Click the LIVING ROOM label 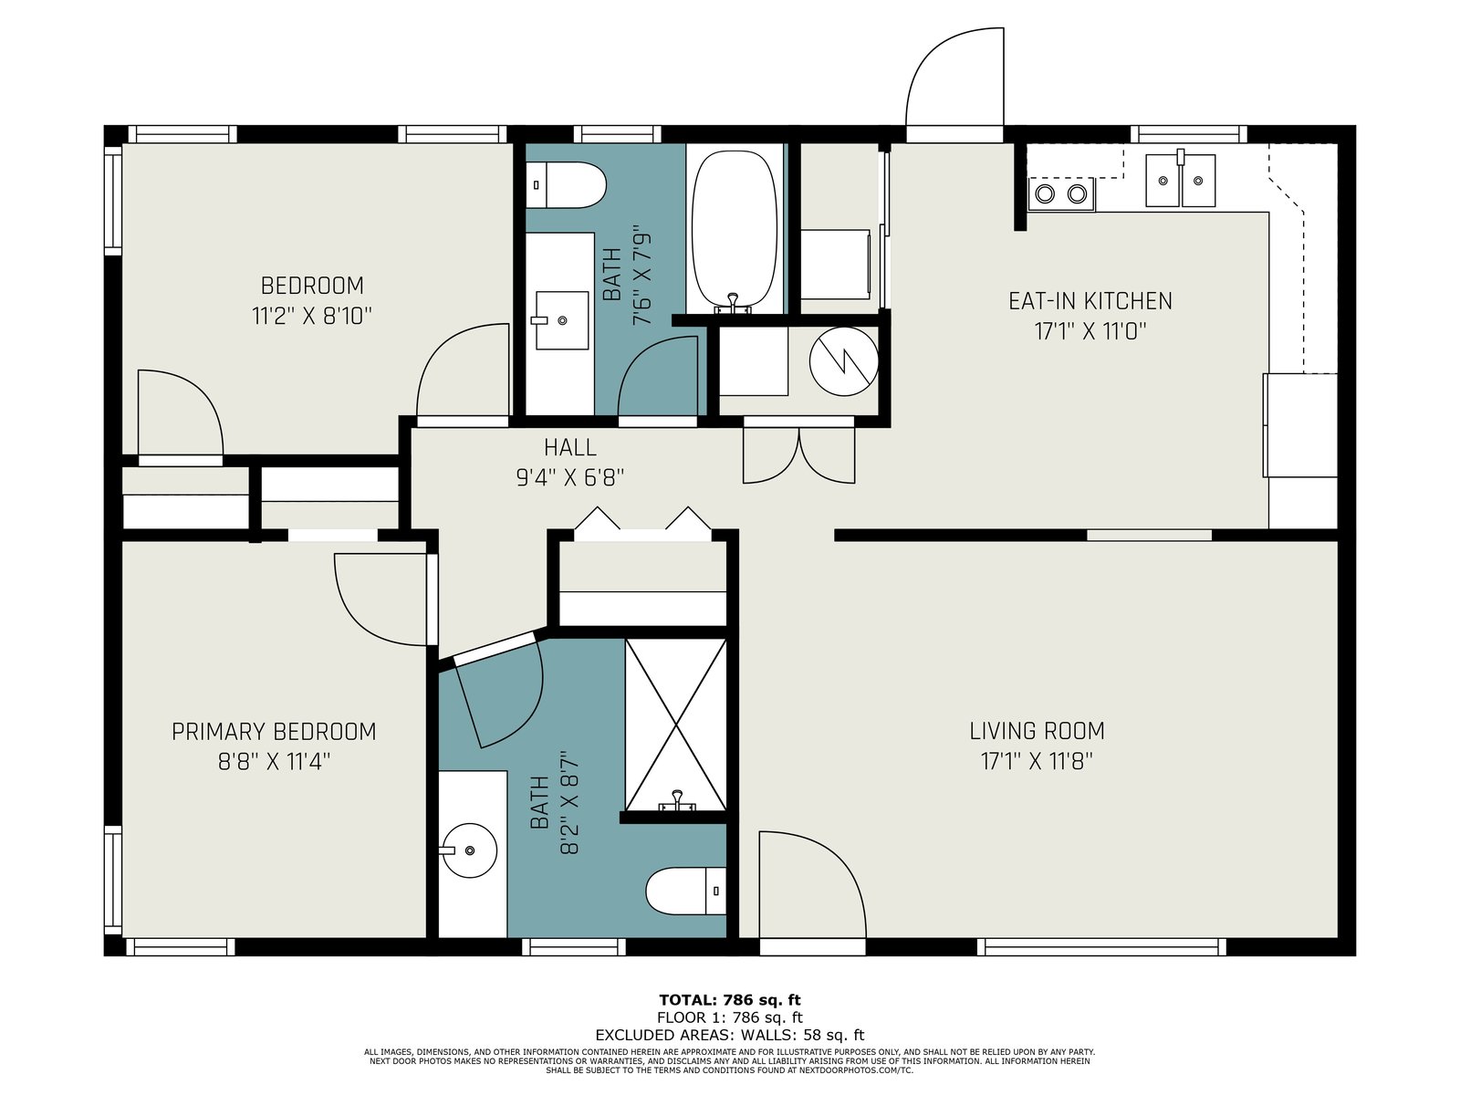tap(1037, 731)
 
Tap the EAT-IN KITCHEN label tap(1090, 301)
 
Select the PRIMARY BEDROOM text tap(274, 732)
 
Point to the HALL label tap(570, 447)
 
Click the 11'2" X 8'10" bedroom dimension tap(311, 316)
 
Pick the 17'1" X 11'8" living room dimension tap(1037, 761)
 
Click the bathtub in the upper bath tap(735, 231)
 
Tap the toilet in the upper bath tap(566, 185)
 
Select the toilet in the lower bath tap(686, 891)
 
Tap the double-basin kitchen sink tap(1180, 180)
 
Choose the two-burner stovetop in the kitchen tap(1061, 194)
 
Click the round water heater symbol tap(843, 361)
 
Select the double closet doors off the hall tap(798, 455)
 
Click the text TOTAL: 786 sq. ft tap(730, 1000)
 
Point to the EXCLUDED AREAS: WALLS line tap(730, 1035)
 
